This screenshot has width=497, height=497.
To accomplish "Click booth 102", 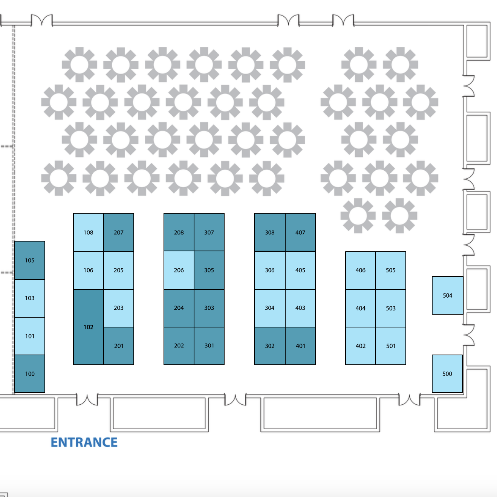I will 88,327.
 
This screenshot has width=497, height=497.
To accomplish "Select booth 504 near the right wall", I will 447,295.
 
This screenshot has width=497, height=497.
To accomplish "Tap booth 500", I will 447,374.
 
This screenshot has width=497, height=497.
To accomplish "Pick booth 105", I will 30,260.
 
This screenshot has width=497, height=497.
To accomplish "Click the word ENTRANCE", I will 84,442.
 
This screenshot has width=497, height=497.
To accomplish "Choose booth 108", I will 88,232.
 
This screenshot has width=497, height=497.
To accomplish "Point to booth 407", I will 300,232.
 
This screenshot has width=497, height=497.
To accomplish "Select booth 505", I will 391,270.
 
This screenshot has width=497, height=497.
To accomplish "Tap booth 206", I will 179,270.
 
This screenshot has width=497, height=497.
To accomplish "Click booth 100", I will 30,374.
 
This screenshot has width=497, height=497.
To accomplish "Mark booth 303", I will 209,308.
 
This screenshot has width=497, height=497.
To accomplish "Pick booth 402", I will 361,346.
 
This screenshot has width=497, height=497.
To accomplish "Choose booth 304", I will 270,308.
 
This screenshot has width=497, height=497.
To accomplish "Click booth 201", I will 119,346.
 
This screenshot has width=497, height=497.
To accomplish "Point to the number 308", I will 270,232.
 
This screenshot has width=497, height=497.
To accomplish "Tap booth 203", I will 119,308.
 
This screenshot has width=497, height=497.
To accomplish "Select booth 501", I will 391,346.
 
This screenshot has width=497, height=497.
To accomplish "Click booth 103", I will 30,298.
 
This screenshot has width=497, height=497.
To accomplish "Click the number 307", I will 209,232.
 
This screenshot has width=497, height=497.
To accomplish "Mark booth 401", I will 300,346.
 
